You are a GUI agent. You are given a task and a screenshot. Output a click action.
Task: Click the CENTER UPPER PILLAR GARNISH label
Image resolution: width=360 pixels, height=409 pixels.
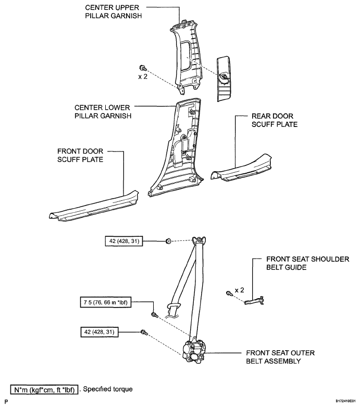[x=114, y=12]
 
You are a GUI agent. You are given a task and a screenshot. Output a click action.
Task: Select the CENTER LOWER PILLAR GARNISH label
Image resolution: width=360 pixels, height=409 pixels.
[x=103, y=112]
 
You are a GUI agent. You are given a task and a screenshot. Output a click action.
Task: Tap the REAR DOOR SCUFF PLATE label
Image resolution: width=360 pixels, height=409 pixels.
[x=275, y=120]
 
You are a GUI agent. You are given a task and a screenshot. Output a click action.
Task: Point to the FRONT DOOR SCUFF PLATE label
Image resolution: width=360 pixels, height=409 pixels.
[x=80, y=155]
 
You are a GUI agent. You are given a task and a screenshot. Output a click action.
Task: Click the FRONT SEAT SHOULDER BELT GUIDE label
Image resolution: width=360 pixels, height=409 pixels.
[x=307, y=263]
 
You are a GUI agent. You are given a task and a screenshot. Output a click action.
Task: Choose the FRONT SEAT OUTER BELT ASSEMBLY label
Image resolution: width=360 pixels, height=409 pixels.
[x=280, y=357]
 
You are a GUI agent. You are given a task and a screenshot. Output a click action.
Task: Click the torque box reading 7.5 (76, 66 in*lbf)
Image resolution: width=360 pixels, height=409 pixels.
[x=106, y=302]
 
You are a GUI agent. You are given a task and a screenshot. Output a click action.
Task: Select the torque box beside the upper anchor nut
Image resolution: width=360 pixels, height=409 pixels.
[x=124, y=241]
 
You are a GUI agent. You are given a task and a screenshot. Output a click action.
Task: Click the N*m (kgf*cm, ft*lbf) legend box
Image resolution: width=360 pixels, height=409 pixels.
[x=44, y=389]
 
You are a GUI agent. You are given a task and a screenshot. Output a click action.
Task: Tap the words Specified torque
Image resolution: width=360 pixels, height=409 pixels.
[x=108, y=389]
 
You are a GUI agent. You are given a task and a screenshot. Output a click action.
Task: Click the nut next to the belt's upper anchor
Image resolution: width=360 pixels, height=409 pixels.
[x=168, y=241]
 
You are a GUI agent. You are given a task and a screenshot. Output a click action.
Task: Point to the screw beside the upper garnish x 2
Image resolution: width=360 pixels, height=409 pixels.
[x=143, y=68]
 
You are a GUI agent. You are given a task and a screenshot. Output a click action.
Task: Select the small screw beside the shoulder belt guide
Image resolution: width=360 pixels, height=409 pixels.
[x=229, y=293]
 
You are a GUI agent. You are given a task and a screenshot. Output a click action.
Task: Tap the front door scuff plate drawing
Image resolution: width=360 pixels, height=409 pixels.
[x=94, y=206]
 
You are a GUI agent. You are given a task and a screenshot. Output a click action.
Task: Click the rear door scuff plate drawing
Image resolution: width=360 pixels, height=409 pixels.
[x=241, y=168]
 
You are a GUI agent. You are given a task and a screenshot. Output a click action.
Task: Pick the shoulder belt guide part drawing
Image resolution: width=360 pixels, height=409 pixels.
[x=254, y=301]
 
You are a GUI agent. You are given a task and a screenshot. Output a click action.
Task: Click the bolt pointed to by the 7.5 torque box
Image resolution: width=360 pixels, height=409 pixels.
[x=154, y=315]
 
